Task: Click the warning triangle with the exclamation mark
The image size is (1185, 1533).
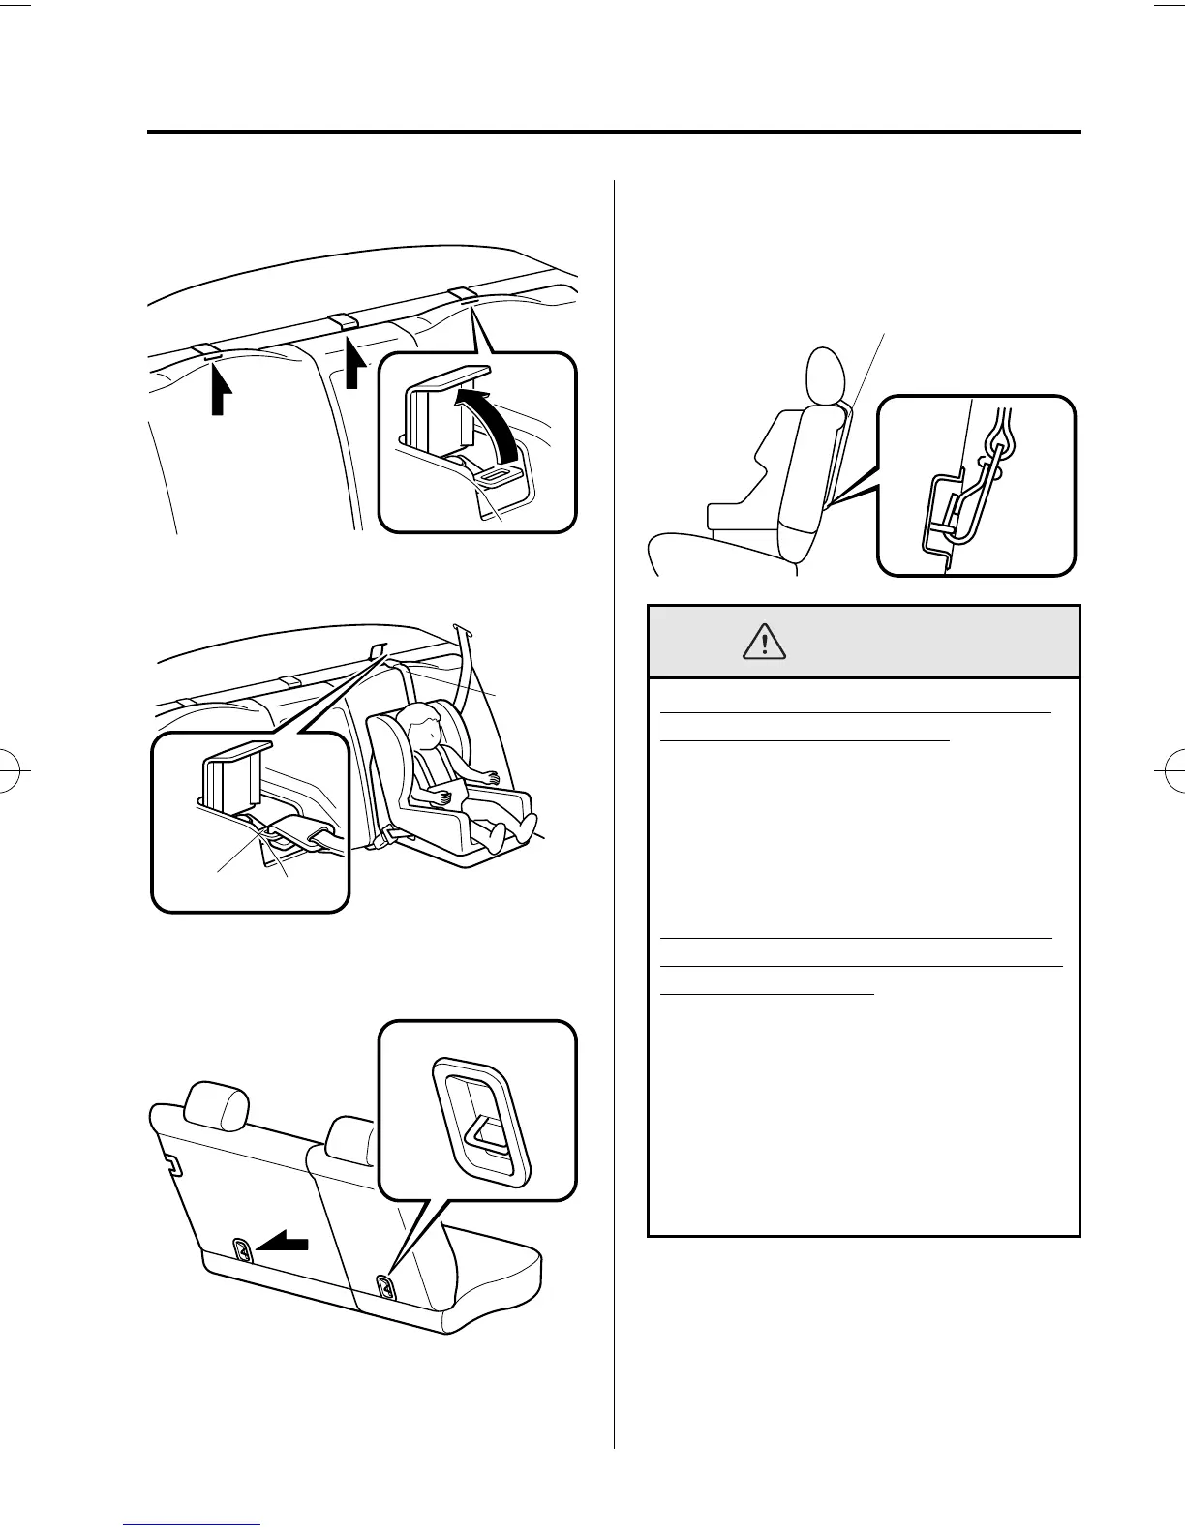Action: (765, 641)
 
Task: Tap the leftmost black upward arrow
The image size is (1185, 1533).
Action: (220, 392)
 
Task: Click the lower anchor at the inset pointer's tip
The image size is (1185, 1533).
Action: (385, 1286)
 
